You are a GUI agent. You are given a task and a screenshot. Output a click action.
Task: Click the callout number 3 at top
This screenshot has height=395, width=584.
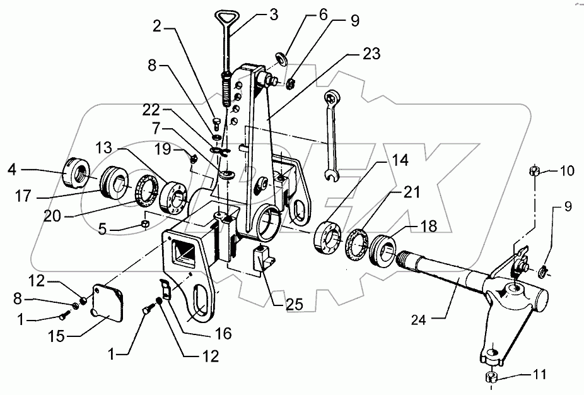tap(274, 14)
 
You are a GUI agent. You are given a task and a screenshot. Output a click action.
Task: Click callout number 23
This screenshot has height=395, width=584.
tap(371, 54)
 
